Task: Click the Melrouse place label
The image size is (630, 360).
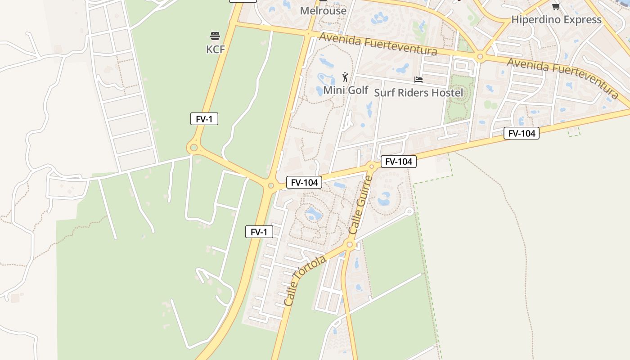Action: (323, 11)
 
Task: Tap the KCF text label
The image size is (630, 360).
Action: (215, 49)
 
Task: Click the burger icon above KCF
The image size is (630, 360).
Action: (215, 36)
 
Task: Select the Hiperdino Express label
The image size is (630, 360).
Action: (556, 20)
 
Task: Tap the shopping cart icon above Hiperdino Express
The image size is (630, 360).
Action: (556, 6)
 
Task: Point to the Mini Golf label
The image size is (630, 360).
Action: (346, 90)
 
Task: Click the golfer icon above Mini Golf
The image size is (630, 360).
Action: (345, 77)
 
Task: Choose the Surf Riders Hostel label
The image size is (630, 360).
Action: (418, 93)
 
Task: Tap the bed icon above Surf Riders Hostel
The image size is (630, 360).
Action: (418, 80)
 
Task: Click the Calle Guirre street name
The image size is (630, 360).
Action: (361, 205)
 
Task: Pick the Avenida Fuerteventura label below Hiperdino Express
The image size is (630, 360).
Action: (562, 77)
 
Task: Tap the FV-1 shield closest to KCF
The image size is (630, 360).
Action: (204, 119)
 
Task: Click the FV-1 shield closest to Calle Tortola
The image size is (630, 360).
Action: (259, 232)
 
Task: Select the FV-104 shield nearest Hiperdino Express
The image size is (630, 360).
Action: (521, 133)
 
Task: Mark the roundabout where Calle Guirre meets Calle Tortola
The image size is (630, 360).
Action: (350, 245)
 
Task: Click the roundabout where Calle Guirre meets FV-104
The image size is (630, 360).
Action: (372, 166)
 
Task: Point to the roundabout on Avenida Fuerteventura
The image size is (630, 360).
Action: (480, 57)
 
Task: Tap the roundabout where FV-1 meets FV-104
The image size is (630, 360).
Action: (271, 185)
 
